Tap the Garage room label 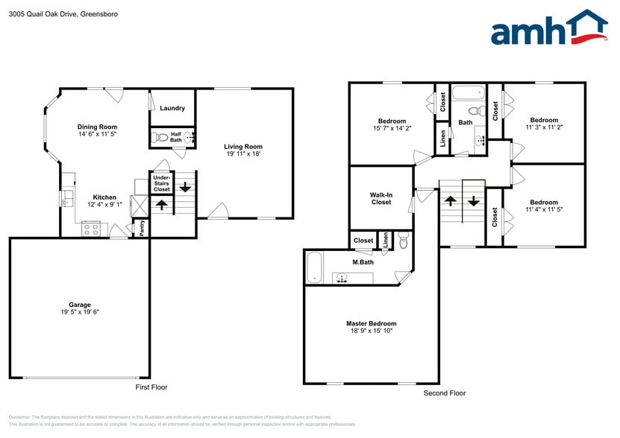click(80, 305)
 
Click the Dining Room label click(98, 127)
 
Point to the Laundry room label click(172, 109)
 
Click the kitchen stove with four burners click(90, 229)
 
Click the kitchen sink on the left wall click(66, 198)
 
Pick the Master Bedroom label click(371, 323)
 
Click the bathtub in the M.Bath click(314, 268)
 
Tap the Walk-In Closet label click(381, 197)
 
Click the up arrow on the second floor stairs click(451, 200)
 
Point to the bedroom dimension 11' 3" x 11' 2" click(544, 128)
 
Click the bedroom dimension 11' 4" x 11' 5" click(544, 210)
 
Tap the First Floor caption click(151, 387)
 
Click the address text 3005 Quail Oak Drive click(42, 13)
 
